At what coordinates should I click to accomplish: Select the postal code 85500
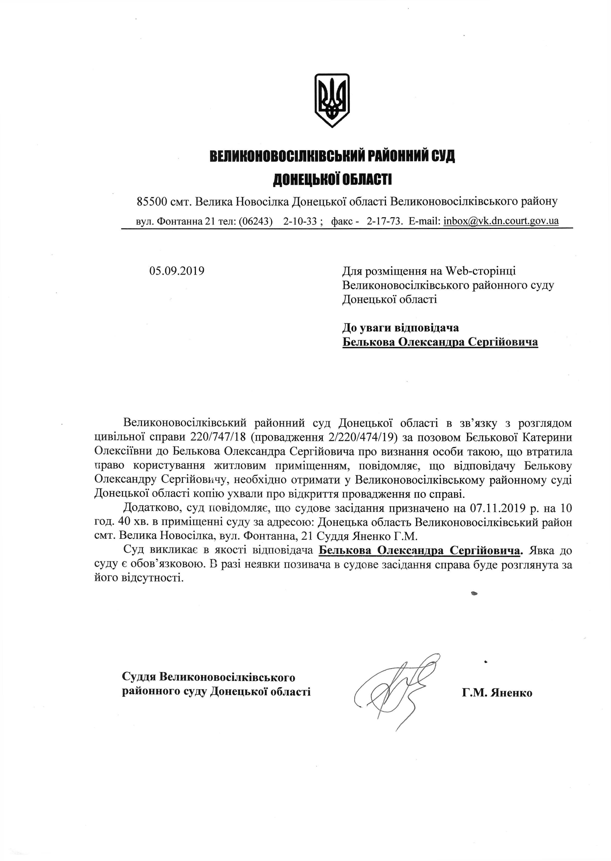pyautogui.click(x=152, y=202)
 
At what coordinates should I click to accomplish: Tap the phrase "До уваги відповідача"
pyautogui.click(x=400, y=328)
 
